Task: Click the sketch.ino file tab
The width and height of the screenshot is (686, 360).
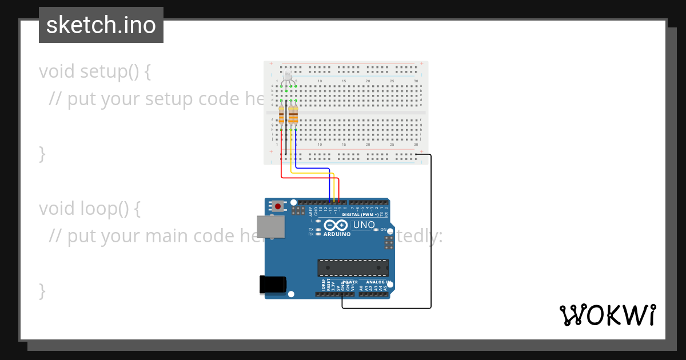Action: click(101, 25)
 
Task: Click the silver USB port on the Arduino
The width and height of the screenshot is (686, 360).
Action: click(270, 226)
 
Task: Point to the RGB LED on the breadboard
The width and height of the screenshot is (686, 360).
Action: click(288, 77)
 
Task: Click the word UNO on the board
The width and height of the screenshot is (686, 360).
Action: click(364, 225)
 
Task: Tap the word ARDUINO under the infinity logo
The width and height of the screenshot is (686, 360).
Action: click(337, 234)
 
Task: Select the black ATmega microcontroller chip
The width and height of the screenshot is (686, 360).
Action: click(353, 267)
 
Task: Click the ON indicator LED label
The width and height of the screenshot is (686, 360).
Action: click(384, 229)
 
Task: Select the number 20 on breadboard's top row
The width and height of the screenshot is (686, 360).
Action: click(368, 81)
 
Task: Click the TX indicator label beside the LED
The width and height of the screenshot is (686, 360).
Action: click(311, 229)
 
